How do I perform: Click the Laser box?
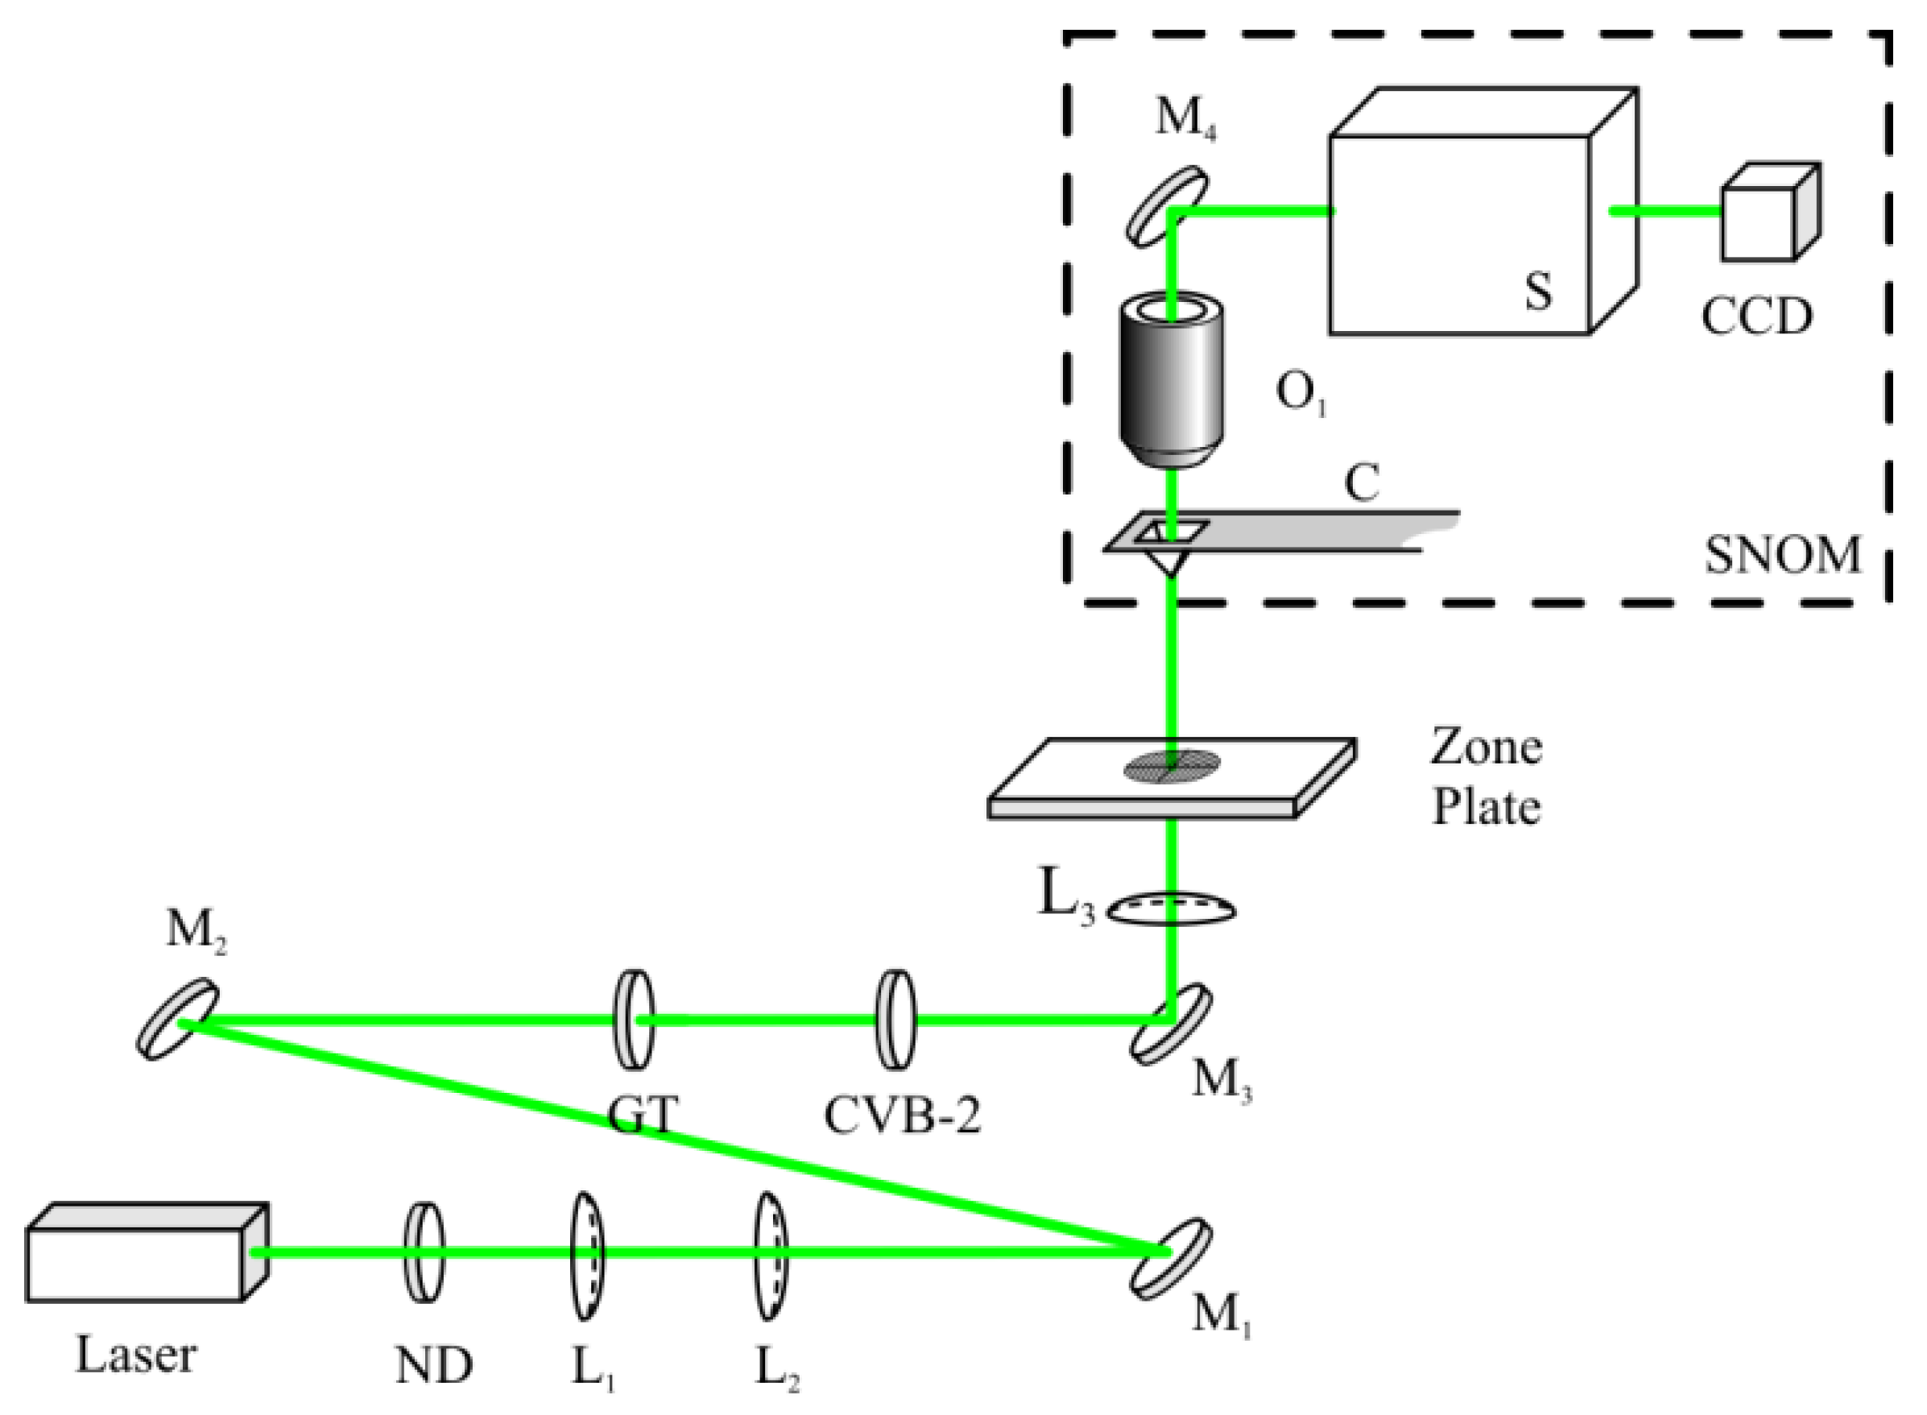click(x=137, y=1256)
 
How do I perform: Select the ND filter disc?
click(x=424, y=1252)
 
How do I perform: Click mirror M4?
click(x=1167, y=206)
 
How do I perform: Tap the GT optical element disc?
click(x=635, y=1020)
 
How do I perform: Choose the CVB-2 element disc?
click(x=895, y=1020)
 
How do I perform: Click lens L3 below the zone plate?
click(x=1172, y=910)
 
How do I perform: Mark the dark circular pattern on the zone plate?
click(x=1171, y=765)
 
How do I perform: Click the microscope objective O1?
click(x=1172, y=381)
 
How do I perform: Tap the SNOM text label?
click(x=1782, y=555)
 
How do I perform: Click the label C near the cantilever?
click(x=1362, y=482)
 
